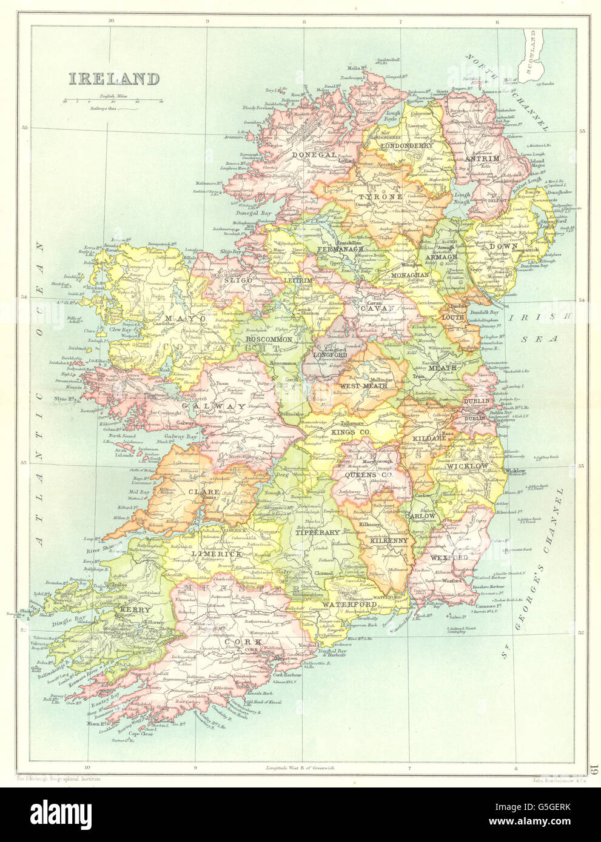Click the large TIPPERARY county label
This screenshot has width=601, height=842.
pyautogui.click(x=317, y=532)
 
